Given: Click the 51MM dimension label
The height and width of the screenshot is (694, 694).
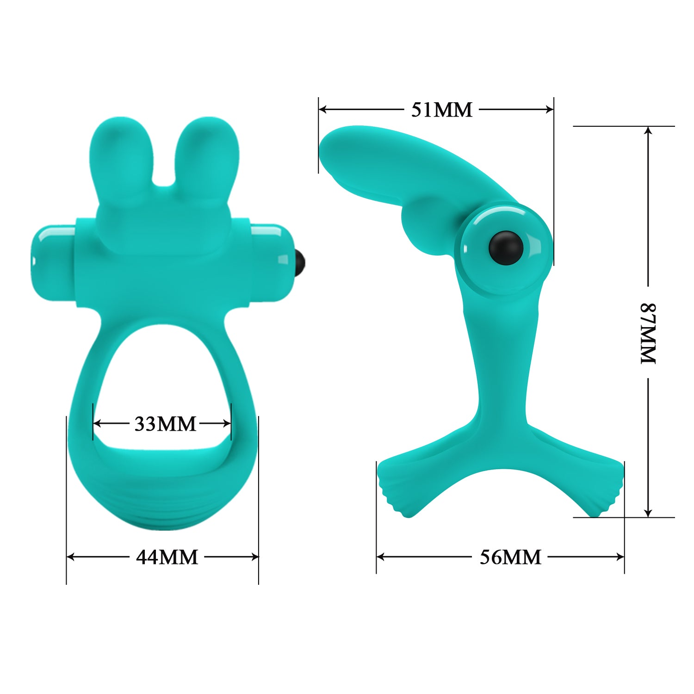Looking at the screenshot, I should coord(442,110).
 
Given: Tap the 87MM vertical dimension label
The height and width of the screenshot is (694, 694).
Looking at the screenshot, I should coord(648,333).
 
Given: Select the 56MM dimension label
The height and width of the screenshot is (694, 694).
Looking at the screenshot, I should coord(510,557).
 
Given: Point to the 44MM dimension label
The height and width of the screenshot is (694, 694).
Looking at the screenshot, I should coord(167,557).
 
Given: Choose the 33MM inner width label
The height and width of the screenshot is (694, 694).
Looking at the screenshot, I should coord(165,423).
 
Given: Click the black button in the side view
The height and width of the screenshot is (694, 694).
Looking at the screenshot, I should coord(506,248).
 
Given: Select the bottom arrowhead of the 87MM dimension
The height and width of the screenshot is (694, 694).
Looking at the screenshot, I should coord(648,513).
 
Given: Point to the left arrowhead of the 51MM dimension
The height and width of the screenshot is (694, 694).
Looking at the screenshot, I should coord(323,110).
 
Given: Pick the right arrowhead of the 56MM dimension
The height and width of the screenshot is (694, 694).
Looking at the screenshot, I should coord(620,557).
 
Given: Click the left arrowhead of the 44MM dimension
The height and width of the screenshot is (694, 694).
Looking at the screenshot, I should coord(71,557).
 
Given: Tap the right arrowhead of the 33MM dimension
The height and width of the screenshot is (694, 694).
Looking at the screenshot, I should coord(227,423).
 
